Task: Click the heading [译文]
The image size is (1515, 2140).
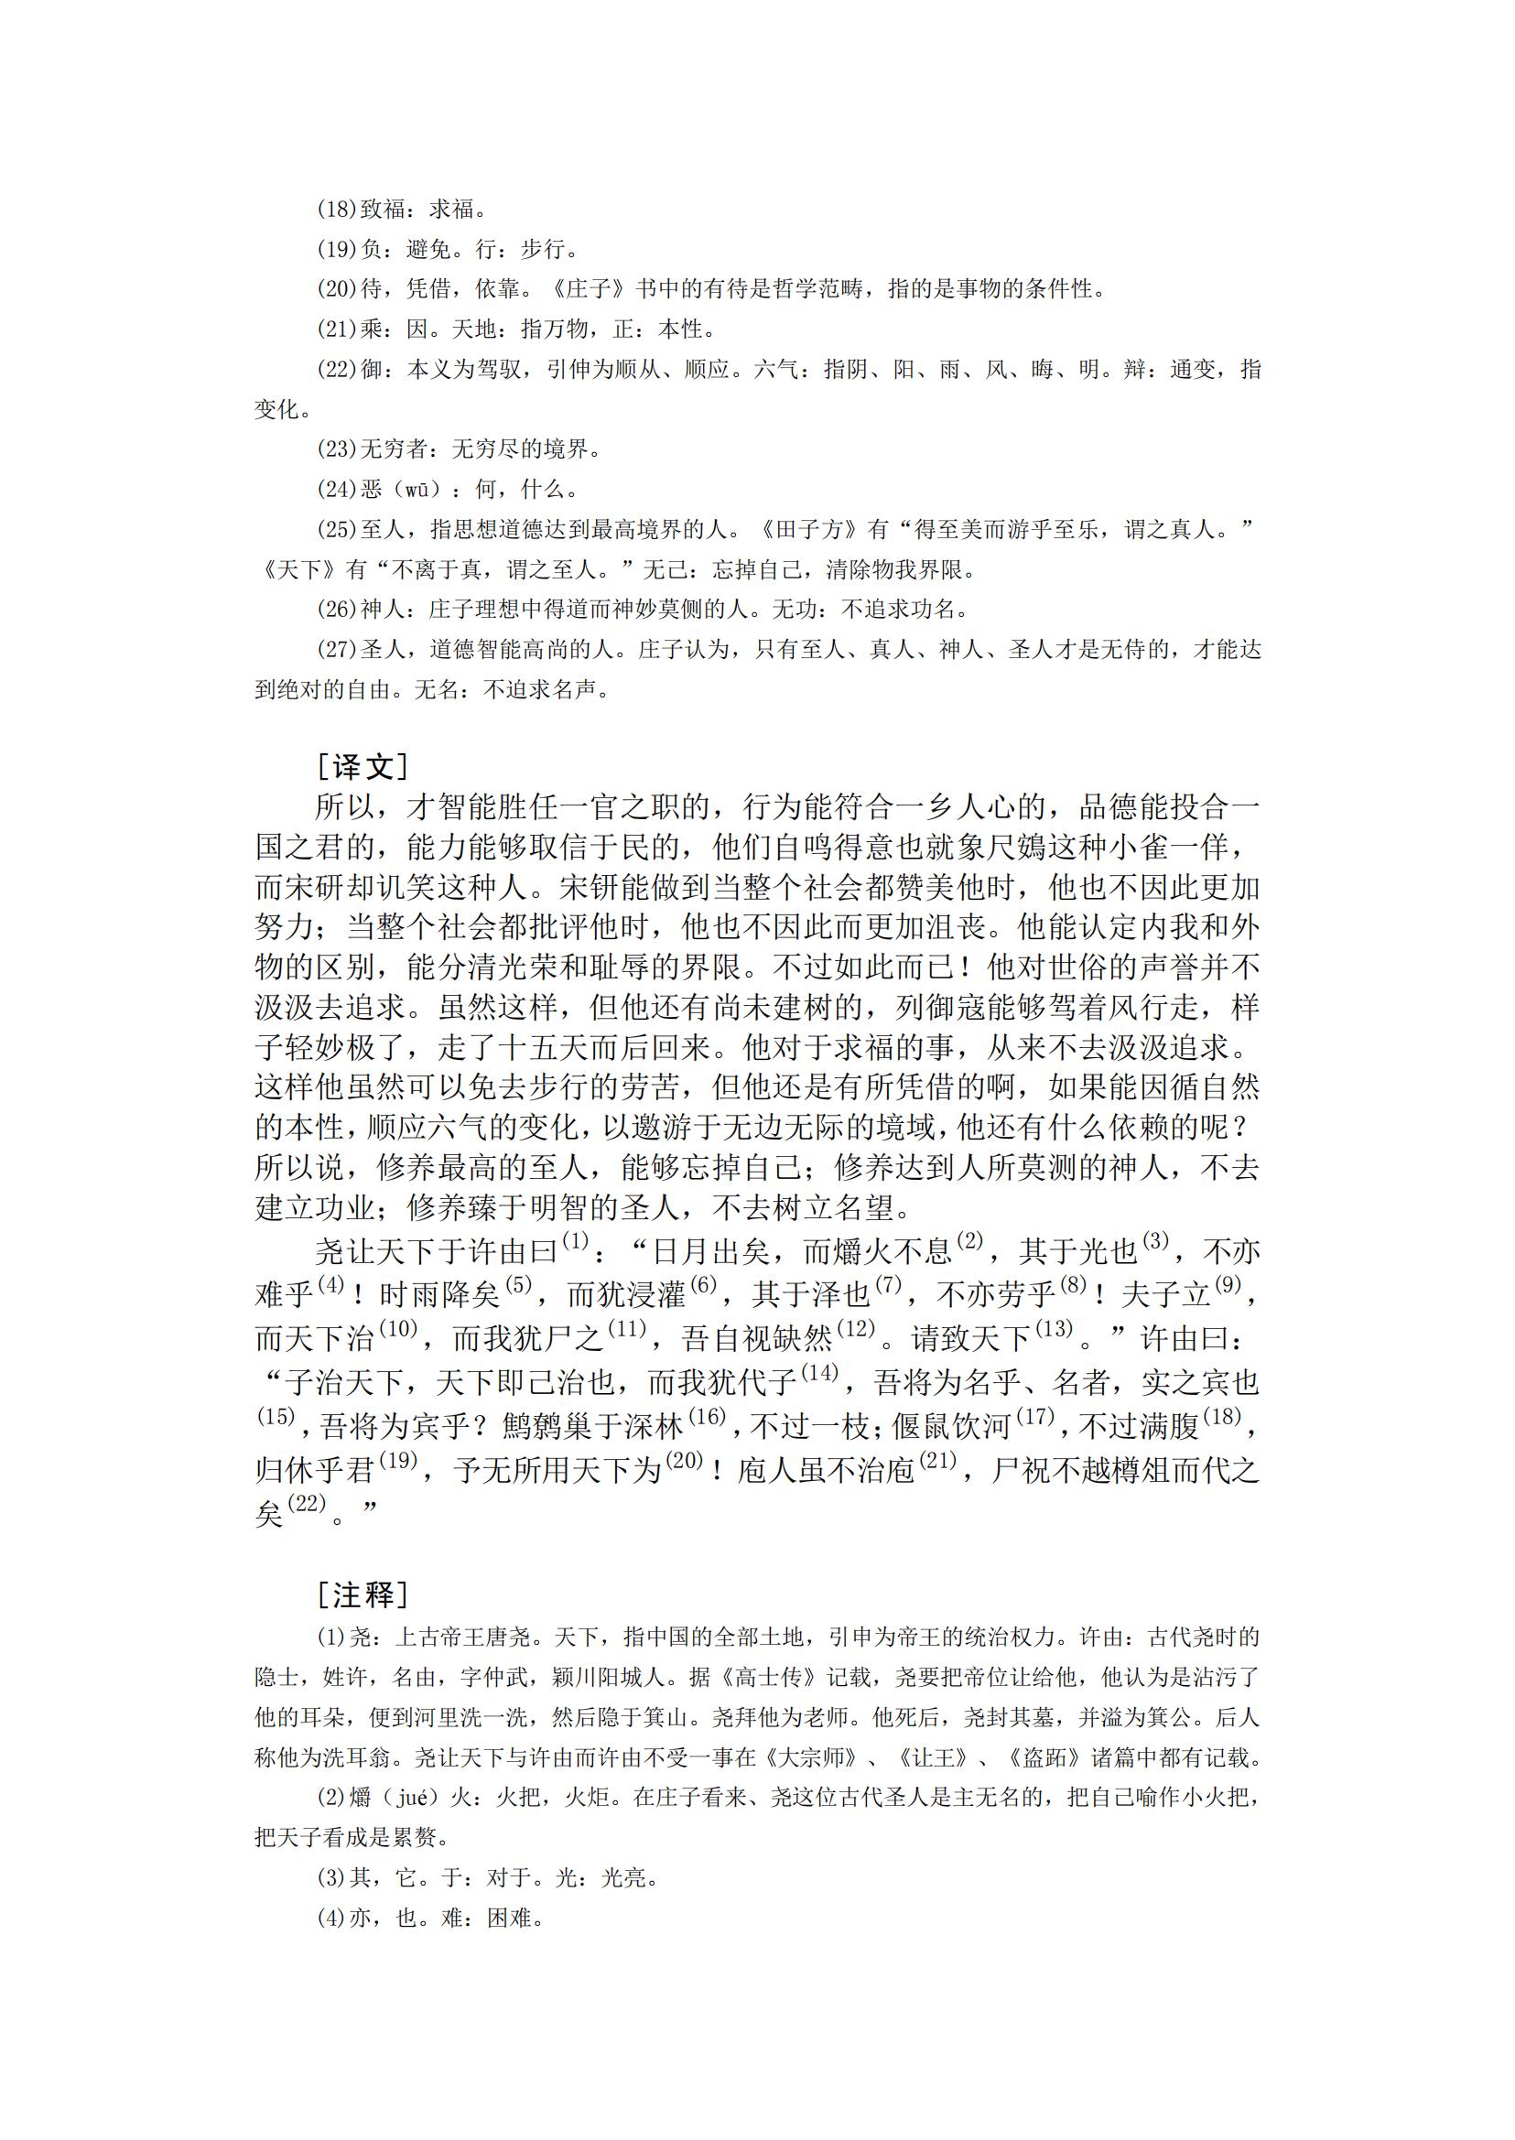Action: click(x=362, y=767)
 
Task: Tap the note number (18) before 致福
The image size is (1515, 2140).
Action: click(x=338, y=209)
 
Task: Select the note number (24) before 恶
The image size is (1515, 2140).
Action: click(x=338, y=489)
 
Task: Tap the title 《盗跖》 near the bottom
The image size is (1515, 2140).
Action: click(x=1044, y=1757)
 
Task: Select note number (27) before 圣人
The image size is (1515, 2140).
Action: click(x=338, y=649)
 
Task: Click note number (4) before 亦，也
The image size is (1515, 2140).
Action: click(x=332, y=1918)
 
